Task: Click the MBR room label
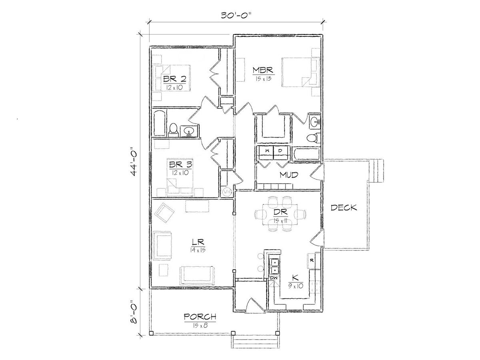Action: pos(263,70)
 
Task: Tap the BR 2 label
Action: pos(174,79)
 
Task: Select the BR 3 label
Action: pos(180,164)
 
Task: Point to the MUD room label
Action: pos(289,175)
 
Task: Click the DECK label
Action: pos(344,208)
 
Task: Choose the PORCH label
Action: pos(200,317)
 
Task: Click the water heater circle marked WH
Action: pos(227,192)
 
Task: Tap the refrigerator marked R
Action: pos(312,260)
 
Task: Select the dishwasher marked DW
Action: pos(273,278)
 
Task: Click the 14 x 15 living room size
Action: pos(198,250)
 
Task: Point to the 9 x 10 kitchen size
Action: pos(296,286)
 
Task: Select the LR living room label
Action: pos(198,242)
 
